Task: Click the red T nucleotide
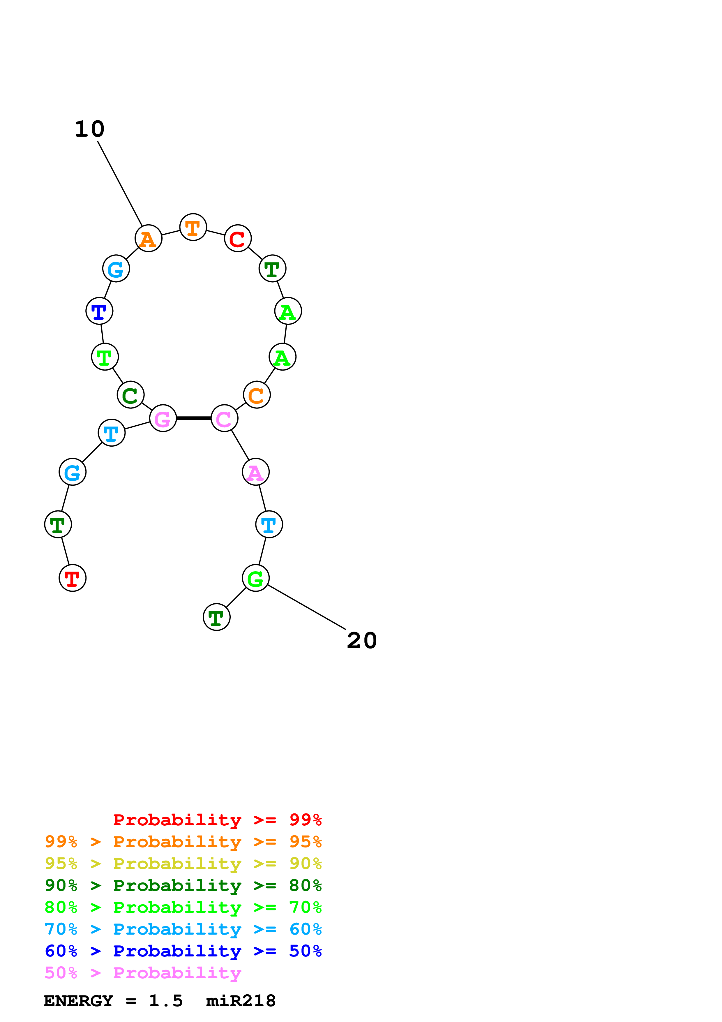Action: (x=73, y=578)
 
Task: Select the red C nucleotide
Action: (x=238, y=239)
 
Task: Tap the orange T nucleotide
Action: (x=193, y=228)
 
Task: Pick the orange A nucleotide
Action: (x=148, y=239)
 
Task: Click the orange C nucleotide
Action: (x=257, y=395)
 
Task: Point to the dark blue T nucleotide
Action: (x=99, y=311)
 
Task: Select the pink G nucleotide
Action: (x=163, y=418)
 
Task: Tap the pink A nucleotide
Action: (x=255, y=472)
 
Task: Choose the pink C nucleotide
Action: (x=224, y=418)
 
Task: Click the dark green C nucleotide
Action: (x=130, y=395)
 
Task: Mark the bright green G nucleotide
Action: (x=255, y=578)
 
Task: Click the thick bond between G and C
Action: (x=193, y=418)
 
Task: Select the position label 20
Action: (x=362, y=641)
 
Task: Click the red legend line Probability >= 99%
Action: (x=217, y=820)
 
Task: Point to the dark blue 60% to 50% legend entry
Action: (x=183, y=951)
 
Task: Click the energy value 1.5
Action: (x=165, y=1001)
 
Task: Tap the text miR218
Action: (x=241, y=1001)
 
